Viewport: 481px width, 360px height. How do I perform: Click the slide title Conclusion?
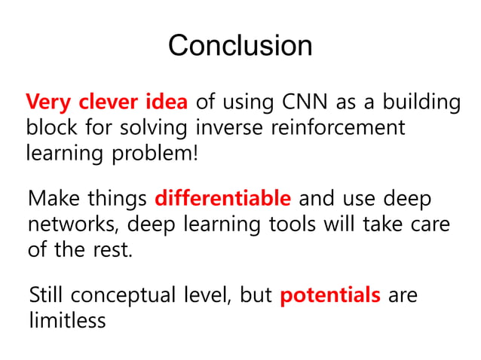(x=240, y=45)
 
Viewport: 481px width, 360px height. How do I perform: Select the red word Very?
(x=47, y=102)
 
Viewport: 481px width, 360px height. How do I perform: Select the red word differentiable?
(x=222, y=200)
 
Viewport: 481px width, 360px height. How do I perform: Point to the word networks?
(x=69, y=224)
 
